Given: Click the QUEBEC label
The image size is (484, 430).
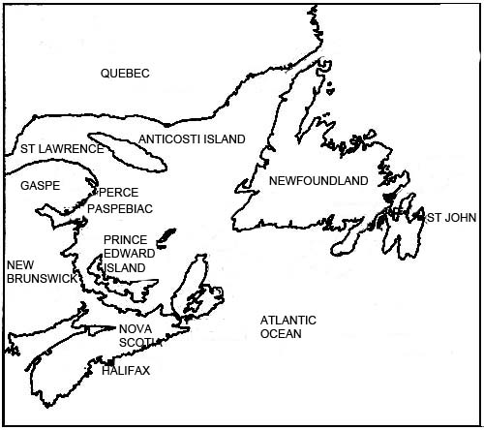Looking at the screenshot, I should coord(126,74).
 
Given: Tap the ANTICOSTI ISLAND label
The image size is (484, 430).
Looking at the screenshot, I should coord(192,139).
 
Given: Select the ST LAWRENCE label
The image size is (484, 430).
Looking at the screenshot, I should coord(61,149).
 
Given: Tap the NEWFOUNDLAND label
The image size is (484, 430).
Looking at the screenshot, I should coord(318,181).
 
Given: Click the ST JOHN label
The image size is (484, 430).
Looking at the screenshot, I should coord(451,218).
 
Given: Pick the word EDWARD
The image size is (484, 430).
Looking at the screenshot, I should coord(126,254).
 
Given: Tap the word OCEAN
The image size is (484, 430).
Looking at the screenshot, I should coord(281,334).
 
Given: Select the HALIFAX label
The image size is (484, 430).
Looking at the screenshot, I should coord(125,370).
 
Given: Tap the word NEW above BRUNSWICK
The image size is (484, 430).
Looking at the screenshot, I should coord(20,263).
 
